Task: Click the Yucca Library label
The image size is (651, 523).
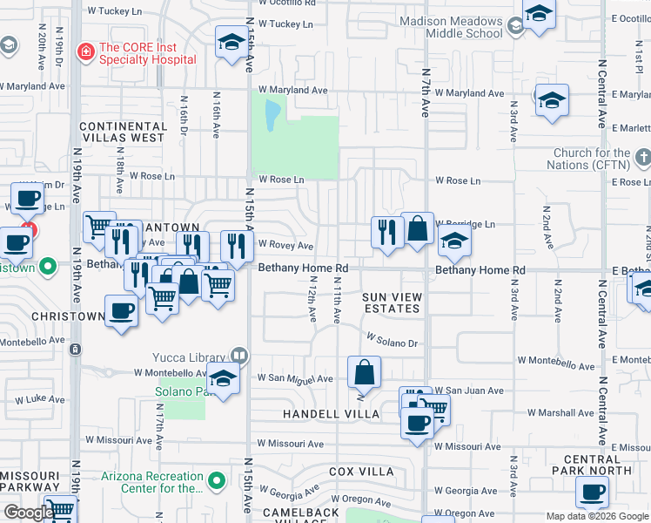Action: pyautogui.click(x=191, y=356)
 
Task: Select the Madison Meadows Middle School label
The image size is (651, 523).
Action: pyautogui.click(x=452, y=27)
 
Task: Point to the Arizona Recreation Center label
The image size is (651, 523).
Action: pyautogui.click(x=152, y=482)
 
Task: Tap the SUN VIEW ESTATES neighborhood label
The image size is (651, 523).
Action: pyautogui.click(x=393, y=303)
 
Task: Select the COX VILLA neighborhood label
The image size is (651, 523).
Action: pyautogui.click(x=361, y=472)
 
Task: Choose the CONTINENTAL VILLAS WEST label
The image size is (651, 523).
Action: pyautogui.click(x=122, y=132)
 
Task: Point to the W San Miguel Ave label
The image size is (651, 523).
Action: pyautogui.click(x=295, y=379)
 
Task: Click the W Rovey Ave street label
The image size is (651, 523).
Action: pyautogui.click(x=285, y=247)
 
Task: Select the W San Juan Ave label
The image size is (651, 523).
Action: pyautogui.click(x=469, y=391)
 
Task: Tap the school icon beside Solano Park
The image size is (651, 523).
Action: pyautogui.click(x=224, y=379)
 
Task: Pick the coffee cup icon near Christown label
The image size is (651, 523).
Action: pyautogui.click(x=120, y=310)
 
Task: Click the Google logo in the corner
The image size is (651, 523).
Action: pyautogui.click(x=29, y=513)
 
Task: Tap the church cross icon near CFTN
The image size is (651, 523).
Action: pyautogui.click(x=643, y=159)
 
